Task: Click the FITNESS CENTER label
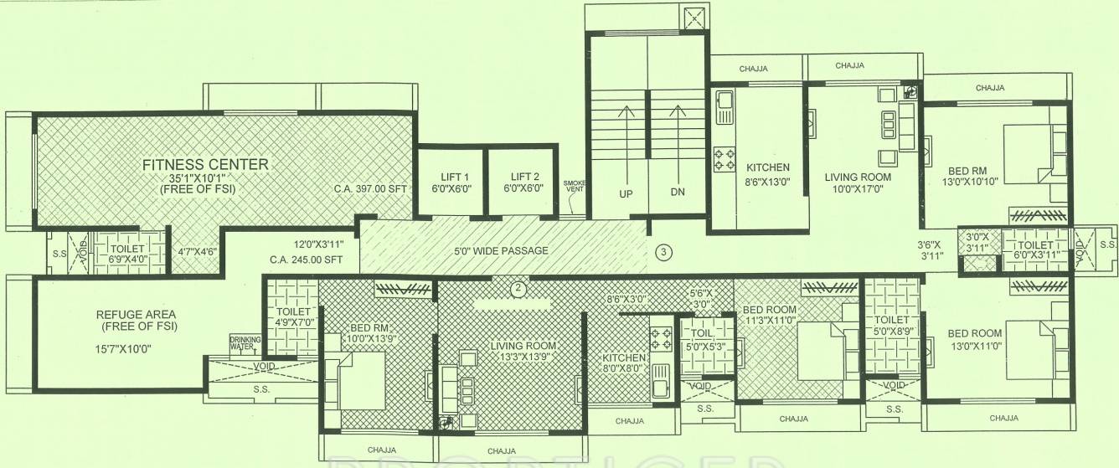(x=205, y=164)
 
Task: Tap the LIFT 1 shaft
(x=451, y=183)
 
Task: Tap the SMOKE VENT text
(x=574, y=186)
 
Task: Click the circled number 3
(x=663, y=251)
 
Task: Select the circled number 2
(x=518, y=290)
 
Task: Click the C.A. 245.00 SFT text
(x=307, y=260)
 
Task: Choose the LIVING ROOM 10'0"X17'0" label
(x=858, y=183)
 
